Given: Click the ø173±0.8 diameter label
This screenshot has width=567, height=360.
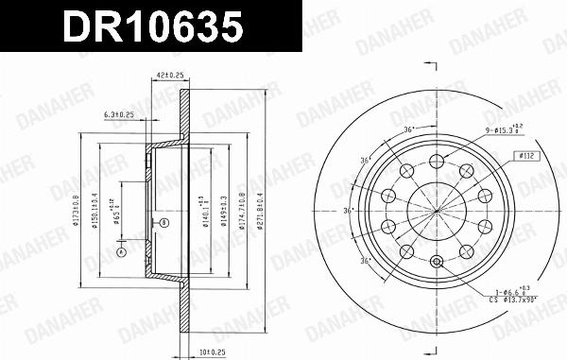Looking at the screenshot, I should (x=82, y=210).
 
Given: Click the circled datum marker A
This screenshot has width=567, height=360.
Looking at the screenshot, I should (x=120, y=252).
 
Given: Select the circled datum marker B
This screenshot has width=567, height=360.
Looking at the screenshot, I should (x=163, y=223).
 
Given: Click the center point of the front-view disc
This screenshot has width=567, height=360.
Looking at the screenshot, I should (x=436, y=211).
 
